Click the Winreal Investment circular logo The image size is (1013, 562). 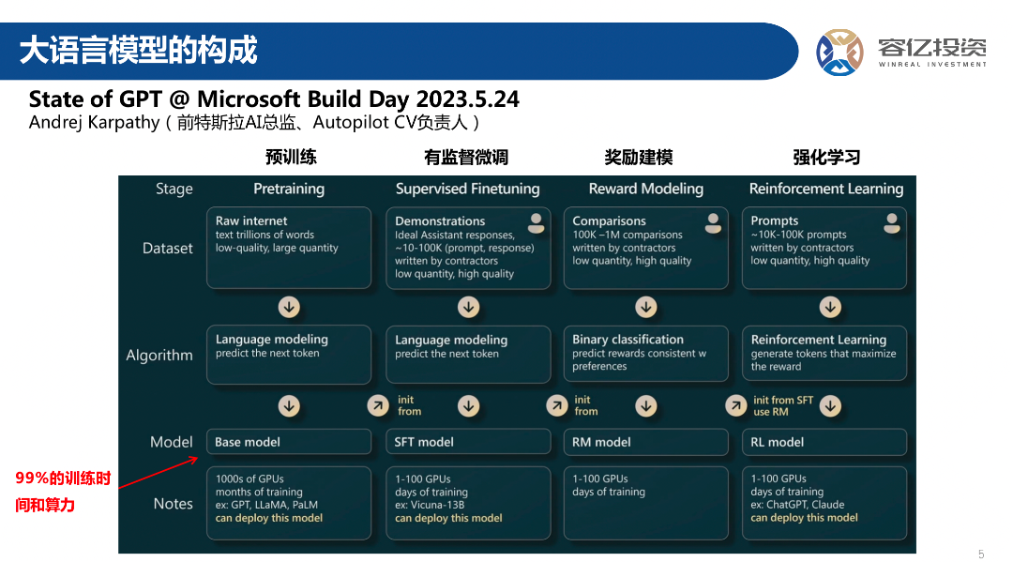839,53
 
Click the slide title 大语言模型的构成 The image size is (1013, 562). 138,51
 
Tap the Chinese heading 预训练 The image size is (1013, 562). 291,157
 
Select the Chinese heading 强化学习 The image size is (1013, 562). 826,157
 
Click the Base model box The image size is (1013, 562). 289,442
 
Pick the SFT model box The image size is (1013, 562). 468,442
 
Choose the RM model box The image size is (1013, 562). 646,442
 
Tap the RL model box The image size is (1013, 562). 824,442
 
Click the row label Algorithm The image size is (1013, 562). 159,356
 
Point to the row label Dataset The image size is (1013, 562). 167,248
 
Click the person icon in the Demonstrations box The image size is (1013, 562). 536,223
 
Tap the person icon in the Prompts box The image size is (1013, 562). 892,223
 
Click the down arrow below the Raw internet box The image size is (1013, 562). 289,307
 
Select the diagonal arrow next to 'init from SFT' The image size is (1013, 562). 735,405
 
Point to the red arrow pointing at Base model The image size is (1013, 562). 159,472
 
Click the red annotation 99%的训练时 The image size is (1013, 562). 63,478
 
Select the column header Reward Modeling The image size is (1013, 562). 646,189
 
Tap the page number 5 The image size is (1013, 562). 981,554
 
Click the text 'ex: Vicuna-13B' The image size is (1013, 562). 430,505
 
